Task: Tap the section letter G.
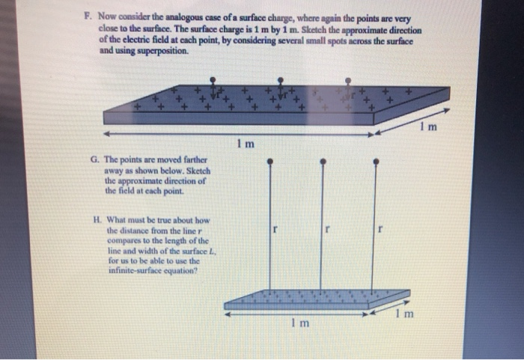pos(93,159)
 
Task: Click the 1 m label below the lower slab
pos(298,323)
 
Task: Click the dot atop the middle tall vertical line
pos(322,160)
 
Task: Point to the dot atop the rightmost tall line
pos(375,160)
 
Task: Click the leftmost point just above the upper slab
pos(214,79)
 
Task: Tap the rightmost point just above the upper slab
pos(348,79)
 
